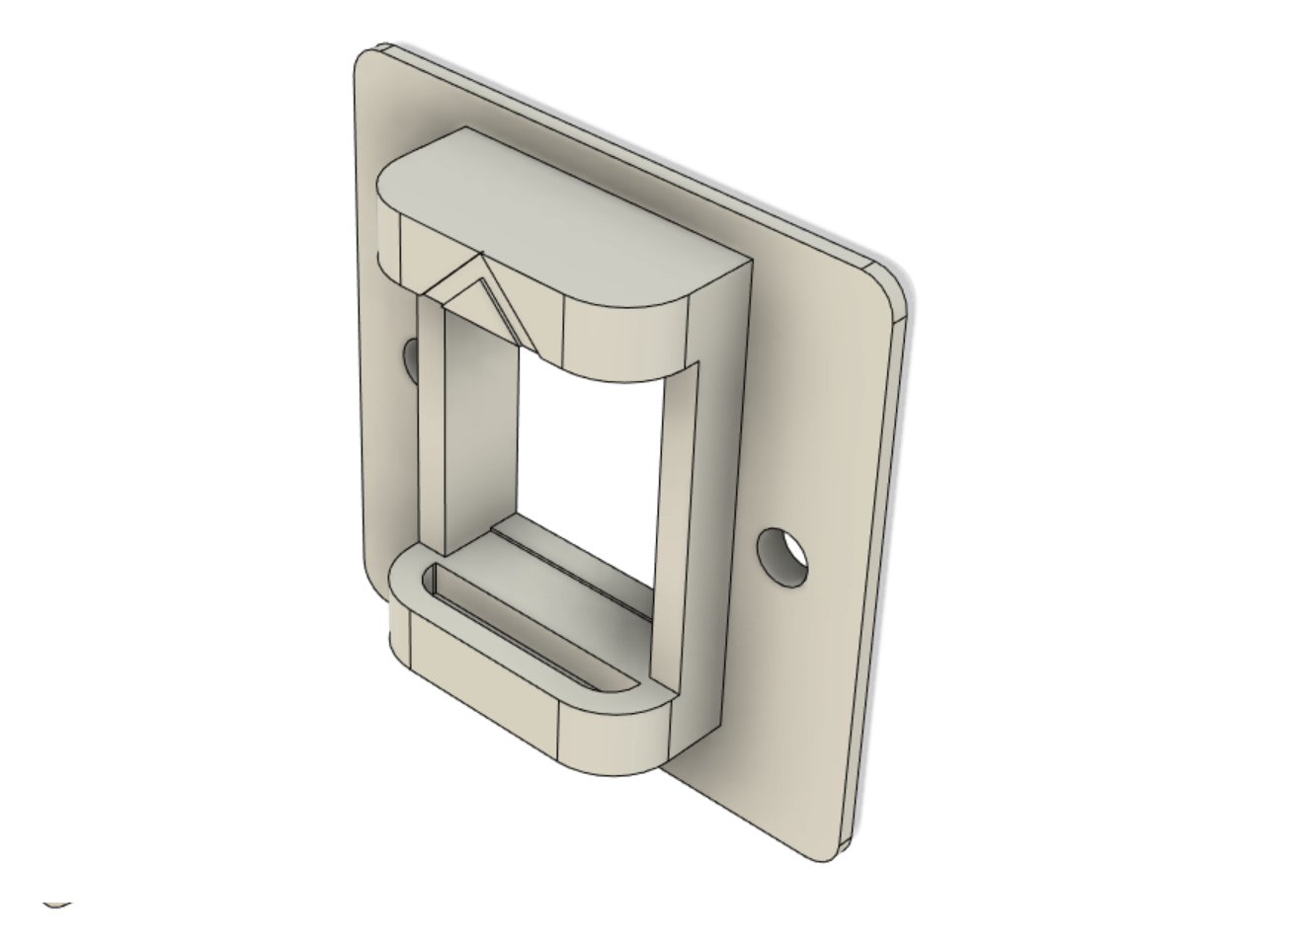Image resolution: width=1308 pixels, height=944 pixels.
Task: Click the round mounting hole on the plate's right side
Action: click(x=782, y=556)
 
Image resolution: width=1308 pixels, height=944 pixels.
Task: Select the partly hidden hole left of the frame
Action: click(x=411, y=360)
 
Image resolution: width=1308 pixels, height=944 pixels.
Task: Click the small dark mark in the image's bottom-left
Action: click(x=57, y=903)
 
